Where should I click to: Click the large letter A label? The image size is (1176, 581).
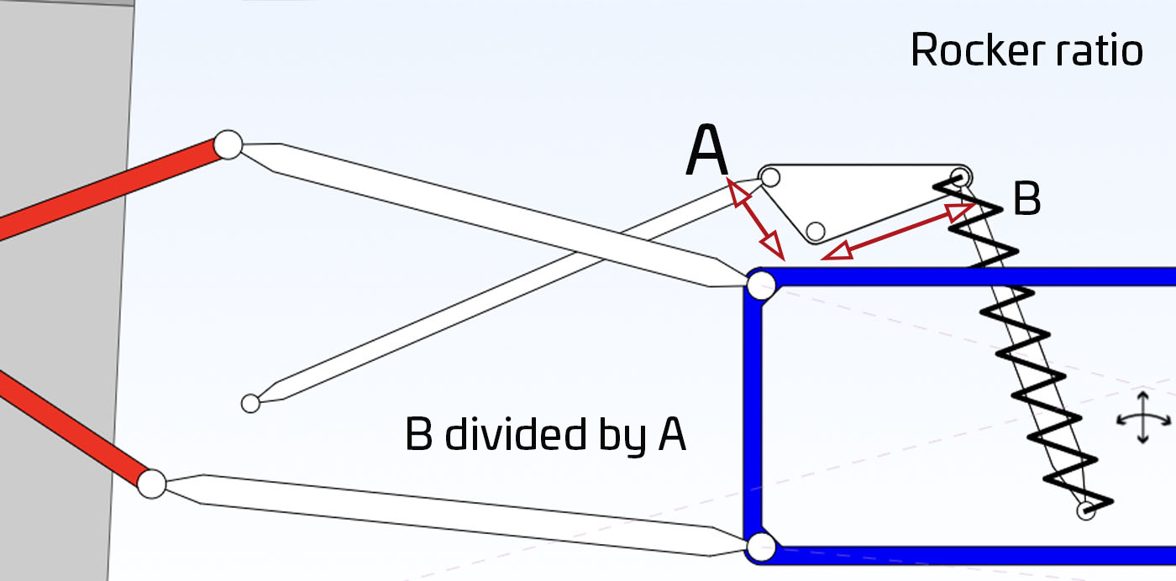pyautogui.click(x=706, y=150)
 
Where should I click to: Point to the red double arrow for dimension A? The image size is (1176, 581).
pyautogui.click(x=755, y=218)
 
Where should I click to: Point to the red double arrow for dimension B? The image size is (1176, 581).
pyautogui.click(x=898, y=231)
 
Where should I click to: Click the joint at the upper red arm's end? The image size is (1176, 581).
pyautogui.click(x=228, y=144)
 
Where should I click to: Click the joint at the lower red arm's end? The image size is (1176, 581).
pyautogui.click(x=152, y=484)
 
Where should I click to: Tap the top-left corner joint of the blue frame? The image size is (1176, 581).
pyautogui.click(x=761, y=285)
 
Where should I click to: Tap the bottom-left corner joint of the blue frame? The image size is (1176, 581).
pyautogui.click(x=761, y=547)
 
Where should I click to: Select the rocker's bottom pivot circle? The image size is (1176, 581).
pyautogui.click(x=816, y=231)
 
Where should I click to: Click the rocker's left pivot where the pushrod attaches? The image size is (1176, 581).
pyautogui.click(x=770, y=177)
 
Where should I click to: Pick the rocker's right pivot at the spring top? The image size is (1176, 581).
pyautogui.click(x=960, y=177)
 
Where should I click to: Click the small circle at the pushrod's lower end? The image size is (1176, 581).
pyautogui.click(x=250, y=403)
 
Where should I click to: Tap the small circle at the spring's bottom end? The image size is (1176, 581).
pyautogui.click(x=1085, y=510)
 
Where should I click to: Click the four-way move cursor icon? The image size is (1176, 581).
pyautogui.click(x=1143, y=418)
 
